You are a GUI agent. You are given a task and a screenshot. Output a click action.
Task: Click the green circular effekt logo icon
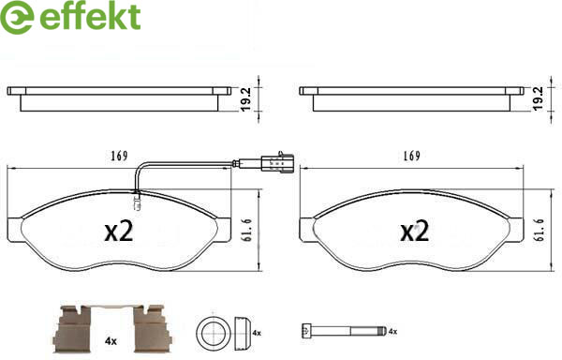[x=17, y=17]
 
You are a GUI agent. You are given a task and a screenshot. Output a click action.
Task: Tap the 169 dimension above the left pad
[x=119, y=156]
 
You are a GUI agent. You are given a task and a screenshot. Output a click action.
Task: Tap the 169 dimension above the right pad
[x=411, y=156]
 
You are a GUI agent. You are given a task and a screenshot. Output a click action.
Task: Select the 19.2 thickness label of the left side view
[x=246, y=99]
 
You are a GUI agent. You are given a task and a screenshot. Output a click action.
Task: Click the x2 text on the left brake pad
[x=119, y=232]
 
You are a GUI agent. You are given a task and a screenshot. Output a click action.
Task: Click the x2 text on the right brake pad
[x=414, y=232]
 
